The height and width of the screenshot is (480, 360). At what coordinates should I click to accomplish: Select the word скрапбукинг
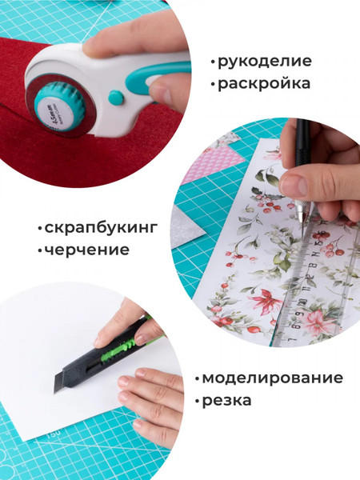(101, 228)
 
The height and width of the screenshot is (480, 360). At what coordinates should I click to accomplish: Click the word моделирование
(272, 378)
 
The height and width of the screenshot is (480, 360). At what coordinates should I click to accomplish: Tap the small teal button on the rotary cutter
(116, 98)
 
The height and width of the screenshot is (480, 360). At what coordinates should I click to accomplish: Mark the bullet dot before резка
(197, 400)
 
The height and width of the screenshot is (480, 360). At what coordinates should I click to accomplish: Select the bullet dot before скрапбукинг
(39, 229)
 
